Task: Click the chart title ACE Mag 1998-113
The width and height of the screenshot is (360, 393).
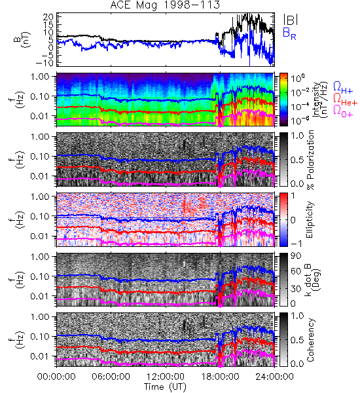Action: [x=165, y=5]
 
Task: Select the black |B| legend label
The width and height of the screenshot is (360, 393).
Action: [x=291, y=20]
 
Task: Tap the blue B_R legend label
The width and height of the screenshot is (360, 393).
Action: [x=289, y=33]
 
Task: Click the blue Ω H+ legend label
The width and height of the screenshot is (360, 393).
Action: [x=343, y=88]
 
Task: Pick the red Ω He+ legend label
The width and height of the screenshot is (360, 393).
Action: [x=345, y=100]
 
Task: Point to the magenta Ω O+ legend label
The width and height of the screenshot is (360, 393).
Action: [x=343, y=111]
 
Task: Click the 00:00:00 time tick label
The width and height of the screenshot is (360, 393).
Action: [x=56, y=377]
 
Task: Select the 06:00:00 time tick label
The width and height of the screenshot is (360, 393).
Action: [x=111, y=377]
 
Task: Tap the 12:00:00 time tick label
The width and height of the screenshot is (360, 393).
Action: [x=166, y=377]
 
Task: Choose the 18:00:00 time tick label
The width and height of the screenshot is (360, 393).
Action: [x=220, y=377]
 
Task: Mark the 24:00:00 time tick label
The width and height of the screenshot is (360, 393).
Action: [x=274, y=377]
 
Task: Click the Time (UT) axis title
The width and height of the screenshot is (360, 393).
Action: [x=166, y=387]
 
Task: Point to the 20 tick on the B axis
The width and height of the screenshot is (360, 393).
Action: [x=48, y=17]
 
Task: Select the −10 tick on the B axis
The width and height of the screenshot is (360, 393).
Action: [x=45, y=63]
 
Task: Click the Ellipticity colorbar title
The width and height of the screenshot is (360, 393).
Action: [x=310, y=219]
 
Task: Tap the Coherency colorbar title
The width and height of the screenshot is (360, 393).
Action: [x=310, y=340]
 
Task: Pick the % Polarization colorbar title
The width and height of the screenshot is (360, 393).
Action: [x=310, y=160]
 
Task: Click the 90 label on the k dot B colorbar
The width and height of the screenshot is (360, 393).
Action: [x=296, y=255]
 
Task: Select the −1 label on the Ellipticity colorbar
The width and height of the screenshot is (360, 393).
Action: [x=296, y=244]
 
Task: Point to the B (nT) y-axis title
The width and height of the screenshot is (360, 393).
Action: [x=22, y=39]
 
